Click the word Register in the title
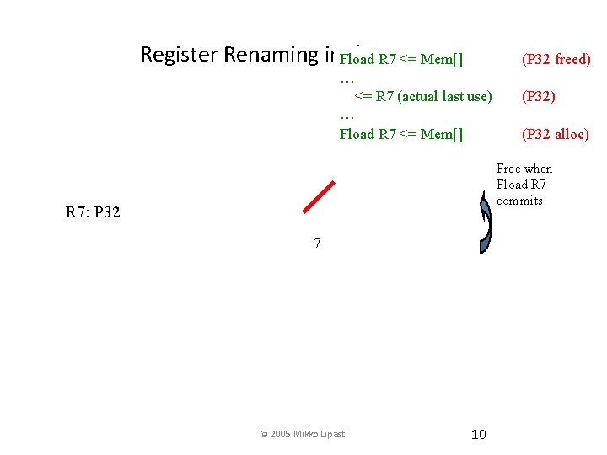click(179, 55)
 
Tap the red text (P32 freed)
click(556, 59)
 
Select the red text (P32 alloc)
click(556, 134)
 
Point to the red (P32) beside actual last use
click(539, 96)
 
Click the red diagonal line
click(319, 198)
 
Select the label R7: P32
click(93, 212)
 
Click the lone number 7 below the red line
click(317, 244)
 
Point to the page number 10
click(478, 434)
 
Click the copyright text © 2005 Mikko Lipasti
click(304, 434)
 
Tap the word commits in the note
click(519, 201)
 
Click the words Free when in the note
click(524, 169)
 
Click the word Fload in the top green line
click(357, 59)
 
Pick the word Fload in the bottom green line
click(357, 134)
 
